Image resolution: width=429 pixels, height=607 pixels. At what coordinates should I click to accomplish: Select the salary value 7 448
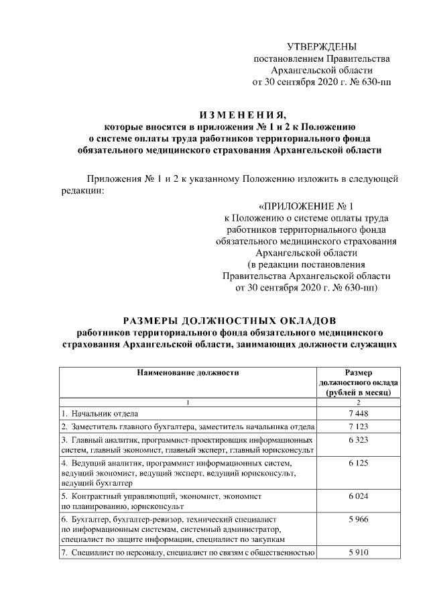[x=359, y=413]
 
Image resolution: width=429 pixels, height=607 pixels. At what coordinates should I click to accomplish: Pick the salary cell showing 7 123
[x=359, y=427]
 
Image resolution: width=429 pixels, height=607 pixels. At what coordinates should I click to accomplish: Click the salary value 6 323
[x=359, y=439]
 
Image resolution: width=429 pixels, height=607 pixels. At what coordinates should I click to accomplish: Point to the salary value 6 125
[x=359, y=463]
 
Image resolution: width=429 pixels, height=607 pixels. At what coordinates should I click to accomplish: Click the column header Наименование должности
[x=188, y=371]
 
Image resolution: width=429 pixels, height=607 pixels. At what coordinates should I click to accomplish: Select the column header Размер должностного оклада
[x=359, y=382]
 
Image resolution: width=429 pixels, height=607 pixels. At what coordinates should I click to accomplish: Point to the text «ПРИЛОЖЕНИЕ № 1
[x=305, y=206]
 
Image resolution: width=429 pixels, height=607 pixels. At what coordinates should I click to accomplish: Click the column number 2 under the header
[x=359, y=402]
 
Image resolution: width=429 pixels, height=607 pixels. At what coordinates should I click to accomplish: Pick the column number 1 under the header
[x=188, y=402]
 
